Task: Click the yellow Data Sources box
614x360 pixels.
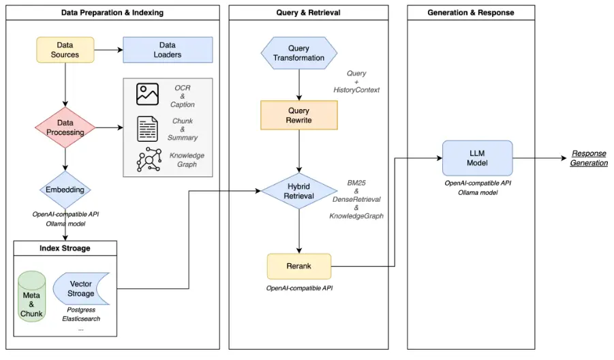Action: click(x=65, y=50)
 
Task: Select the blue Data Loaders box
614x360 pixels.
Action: click(x=168, y=50)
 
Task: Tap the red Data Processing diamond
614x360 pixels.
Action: click(x=65, y=127)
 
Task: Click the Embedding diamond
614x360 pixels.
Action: click(x=65, y=190)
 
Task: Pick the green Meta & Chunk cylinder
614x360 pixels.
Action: click(x=31, y=297)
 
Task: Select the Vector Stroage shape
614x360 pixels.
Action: click(x=81, y=288)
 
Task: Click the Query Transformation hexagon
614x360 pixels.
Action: click(x=298, y=53)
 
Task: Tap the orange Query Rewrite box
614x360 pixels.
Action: click(x=298, y=115)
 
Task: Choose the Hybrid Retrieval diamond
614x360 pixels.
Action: click(x=298, y=191)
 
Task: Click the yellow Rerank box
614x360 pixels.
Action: click(x=298, y=267)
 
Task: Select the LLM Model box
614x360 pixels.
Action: click(x=477, y=158)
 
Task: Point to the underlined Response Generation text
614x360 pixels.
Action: click(x=589, y=158)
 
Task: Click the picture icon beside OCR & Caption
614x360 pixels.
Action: click(x=148, y=94)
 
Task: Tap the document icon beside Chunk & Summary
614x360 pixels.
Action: click(x=148, y=129)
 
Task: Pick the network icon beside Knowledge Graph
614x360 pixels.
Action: click(x=149, y=160)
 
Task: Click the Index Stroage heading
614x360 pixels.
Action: click(x=65, y=248)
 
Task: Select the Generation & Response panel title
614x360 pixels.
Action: click(x=471, y=12)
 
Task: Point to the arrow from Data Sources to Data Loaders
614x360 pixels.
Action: click(x=108, y=50)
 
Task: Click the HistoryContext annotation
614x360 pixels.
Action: click(x=356, y=90)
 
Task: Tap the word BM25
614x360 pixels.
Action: click(x=356, y=183)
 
